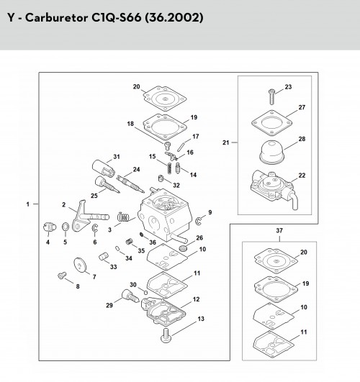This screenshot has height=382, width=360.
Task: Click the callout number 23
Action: pos(288,87)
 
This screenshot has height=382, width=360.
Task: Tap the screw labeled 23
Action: pos(271,96)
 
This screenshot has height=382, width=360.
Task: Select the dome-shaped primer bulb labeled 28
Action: pos(271,153)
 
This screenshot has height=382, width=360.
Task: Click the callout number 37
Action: pos(279,230)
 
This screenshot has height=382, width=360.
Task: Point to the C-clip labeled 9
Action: pos(199,220)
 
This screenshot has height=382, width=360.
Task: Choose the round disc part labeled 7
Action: pos(80,265)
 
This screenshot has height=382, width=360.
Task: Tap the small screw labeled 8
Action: pos(62,276)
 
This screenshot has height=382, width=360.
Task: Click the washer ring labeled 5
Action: pos(66,227)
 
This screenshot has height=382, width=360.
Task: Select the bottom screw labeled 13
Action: pos(166,336)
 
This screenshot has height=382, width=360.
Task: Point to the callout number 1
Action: pos(28,204)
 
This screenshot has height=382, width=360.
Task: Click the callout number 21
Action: pos(226,142)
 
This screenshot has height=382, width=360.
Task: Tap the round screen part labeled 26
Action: pos(183,248)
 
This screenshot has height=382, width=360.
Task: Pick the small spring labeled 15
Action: pos(169,168)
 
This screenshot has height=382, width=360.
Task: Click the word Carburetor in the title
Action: pos(57,18)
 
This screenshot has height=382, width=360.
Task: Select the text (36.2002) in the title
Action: pos(174,17)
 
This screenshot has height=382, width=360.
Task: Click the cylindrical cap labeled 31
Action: pos(103,168)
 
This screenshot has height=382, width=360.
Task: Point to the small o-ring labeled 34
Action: pos(117,248)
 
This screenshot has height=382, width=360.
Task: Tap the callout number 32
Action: pos(176,185)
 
